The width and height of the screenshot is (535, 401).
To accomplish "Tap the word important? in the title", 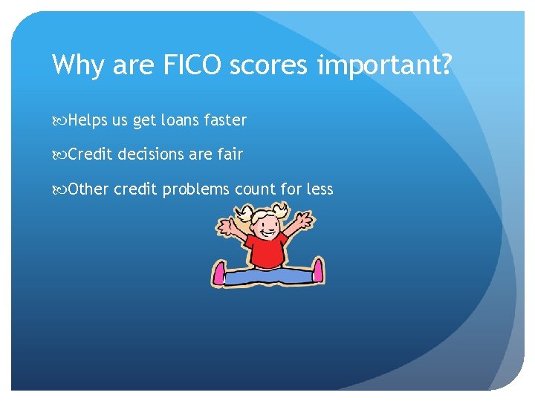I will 384,66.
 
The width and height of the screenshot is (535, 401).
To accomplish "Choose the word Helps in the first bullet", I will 88,120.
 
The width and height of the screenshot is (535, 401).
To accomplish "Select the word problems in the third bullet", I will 196,189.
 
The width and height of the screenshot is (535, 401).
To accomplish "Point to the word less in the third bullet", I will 320,189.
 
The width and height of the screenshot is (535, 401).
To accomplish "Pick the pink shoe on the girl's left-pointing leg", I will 219,273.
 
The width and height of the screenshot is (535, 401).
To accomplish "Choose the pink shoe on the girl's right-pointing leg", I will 318,271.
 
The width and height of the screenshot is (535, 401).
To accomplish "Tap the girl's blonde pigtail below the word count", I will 244,215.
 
